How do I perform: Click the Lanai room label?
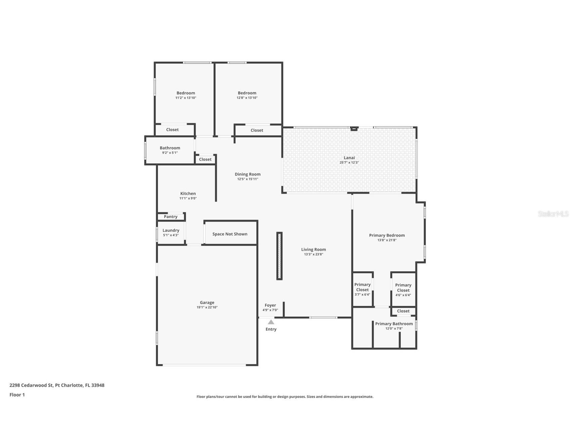point(349,158)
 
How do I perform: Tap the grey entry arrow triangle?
point(271,322)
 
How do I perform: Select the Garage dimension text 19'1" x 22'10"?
point(207,307)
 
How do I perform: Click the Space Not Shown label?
point(230,234)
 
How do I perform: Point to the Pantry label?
point(171,217)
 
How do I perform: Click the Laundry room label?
point(171,230)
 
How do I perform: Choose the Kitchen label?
point(188,193)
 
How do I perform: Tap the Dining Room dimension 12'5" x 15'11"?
point(248,179)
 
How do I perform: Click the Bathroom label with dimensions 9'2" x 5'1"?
point(170,148)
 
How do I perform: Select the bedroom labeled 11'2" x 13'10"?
point(185,93)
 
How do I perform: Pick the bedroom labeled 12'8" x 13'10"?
point(247,93)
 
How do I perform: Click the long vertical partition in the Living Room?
point(279,256)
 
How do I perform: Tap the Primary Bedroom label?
point(387,236)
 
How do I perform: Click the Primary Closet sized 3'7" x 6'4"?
point(362,287)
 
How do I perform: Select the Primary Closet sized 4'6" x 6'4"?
point(403,288)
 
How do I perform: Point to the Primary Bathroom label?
point(394,324)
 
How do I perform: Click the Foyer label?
point(270,306)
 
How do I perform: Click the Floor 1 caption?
point(17,395)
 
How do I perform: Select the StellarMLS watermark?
point(553,214)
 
